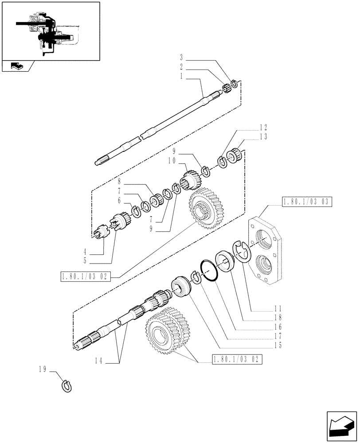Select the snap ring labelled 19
66,385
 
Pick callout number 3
181,57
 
